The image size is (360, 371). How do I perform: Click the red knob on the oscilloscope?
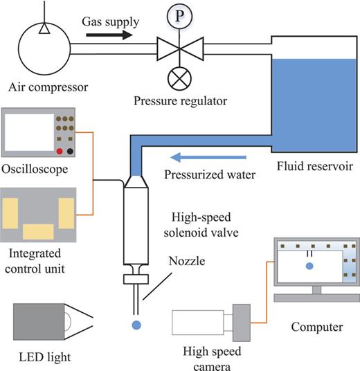pyautogui.click(x=60, y=151)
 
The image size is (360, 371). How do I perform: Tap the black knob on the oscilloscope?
pyautogui.click(x=71, y=151)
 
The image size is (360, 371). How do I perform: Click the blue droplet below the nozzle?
pyautogui.click(x=136, y=325)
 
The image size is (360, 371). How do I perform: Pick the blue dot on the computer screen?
pyautogui.click(x=309, y=265)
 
